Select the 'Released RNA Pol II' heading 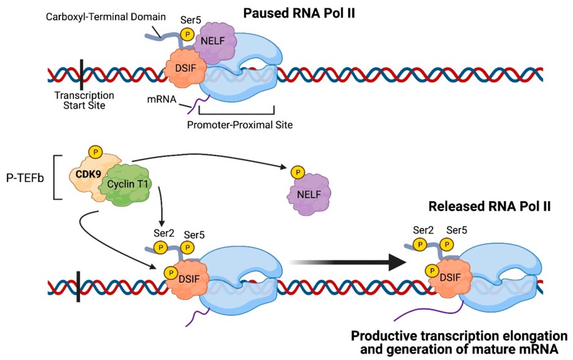click(489, 207)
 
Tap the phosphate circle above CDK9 click(95, 151)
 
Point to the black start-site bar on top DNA click(81, 74)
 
